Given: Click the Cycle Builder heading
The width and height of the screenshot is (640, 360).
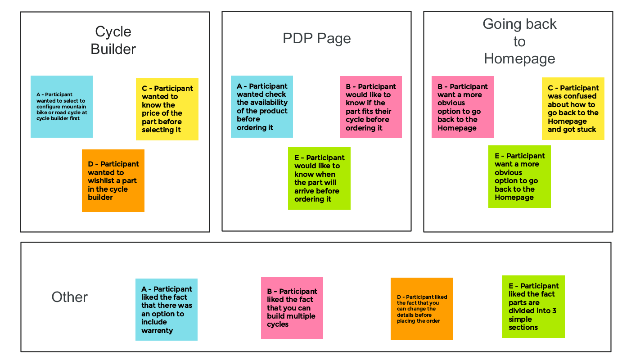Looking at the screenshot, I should [x=113, y=40].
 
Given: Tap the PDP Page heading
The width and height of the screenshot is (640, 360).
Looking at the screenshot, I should [x=316, y=39].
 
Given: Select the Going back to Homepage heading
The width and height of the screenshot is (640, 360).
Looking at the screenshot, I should [x=519, y=41].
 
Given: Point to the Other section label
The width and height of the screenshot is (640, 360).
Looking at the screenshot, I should [x=70, y=297].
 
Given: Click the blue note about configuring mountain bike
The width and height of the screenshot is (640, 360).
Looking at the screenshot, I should [x=62, y=107].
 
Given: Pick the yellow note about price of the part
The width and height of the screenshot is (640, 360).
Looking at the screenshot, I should [x=167, y=109].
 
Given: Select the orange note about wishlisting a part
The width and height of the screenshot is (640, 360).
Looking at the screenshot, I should [x=113, y=180].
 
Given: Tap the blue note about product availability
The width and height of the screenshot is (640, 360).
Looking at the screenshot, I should [x=262, y=107].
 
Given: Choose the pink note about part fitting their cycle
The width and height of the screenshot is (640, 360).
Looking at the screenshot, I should [x=370, y=107].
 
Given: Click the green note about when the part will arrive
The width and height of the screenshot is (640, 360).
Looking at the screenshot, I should [x=319, y=178].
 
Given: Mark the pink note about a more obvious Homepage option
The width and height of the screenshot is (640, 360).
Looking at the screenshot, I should [x=462, y=107].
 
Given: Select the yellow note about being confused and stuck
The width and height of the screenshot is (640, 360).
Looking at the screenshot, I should [x=573, y=108].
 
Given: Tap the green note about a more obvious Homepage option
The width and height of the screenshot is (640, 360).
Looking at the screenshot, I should [x=519, y=176].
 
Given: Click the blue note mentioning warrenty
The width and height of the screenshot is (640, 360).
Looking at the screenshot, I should [x=167, y=310].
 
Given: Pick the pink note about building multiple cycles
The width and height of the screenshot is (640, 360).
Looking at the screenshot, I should [x=292, y=308].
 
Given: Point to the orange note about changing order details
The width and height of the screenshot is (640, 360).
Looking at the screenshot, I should [x=422, y=309].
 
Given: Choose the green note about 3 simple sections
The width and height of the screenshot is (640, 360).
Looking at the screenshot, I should [x=533, y=306].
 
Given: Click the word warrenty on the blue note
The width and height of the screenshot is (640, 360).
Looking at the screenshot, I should [x=157, y=331].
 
